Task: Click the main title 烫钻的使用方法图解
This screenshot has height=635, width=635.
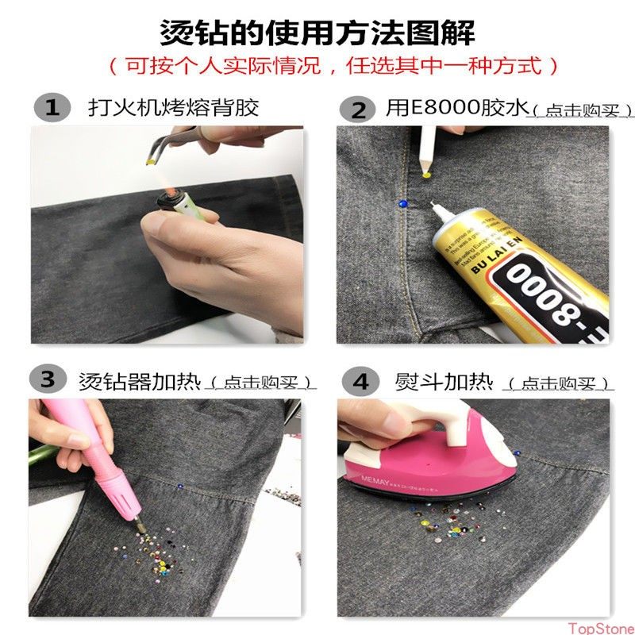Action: tap(317, 33)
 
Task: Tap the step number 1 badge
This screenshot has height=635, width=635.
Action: tap(52, 107)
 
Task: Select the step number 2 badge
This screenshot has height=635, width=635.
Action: tap(358, 110)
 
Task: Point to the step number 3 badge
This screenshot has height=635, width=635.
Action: tap(48, 379)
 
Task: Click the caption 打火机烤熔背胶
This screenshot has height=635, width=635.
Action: tap(173, 107)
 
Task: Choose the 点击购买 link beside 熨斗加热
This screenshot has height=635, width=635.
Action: tap(560, 384)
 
